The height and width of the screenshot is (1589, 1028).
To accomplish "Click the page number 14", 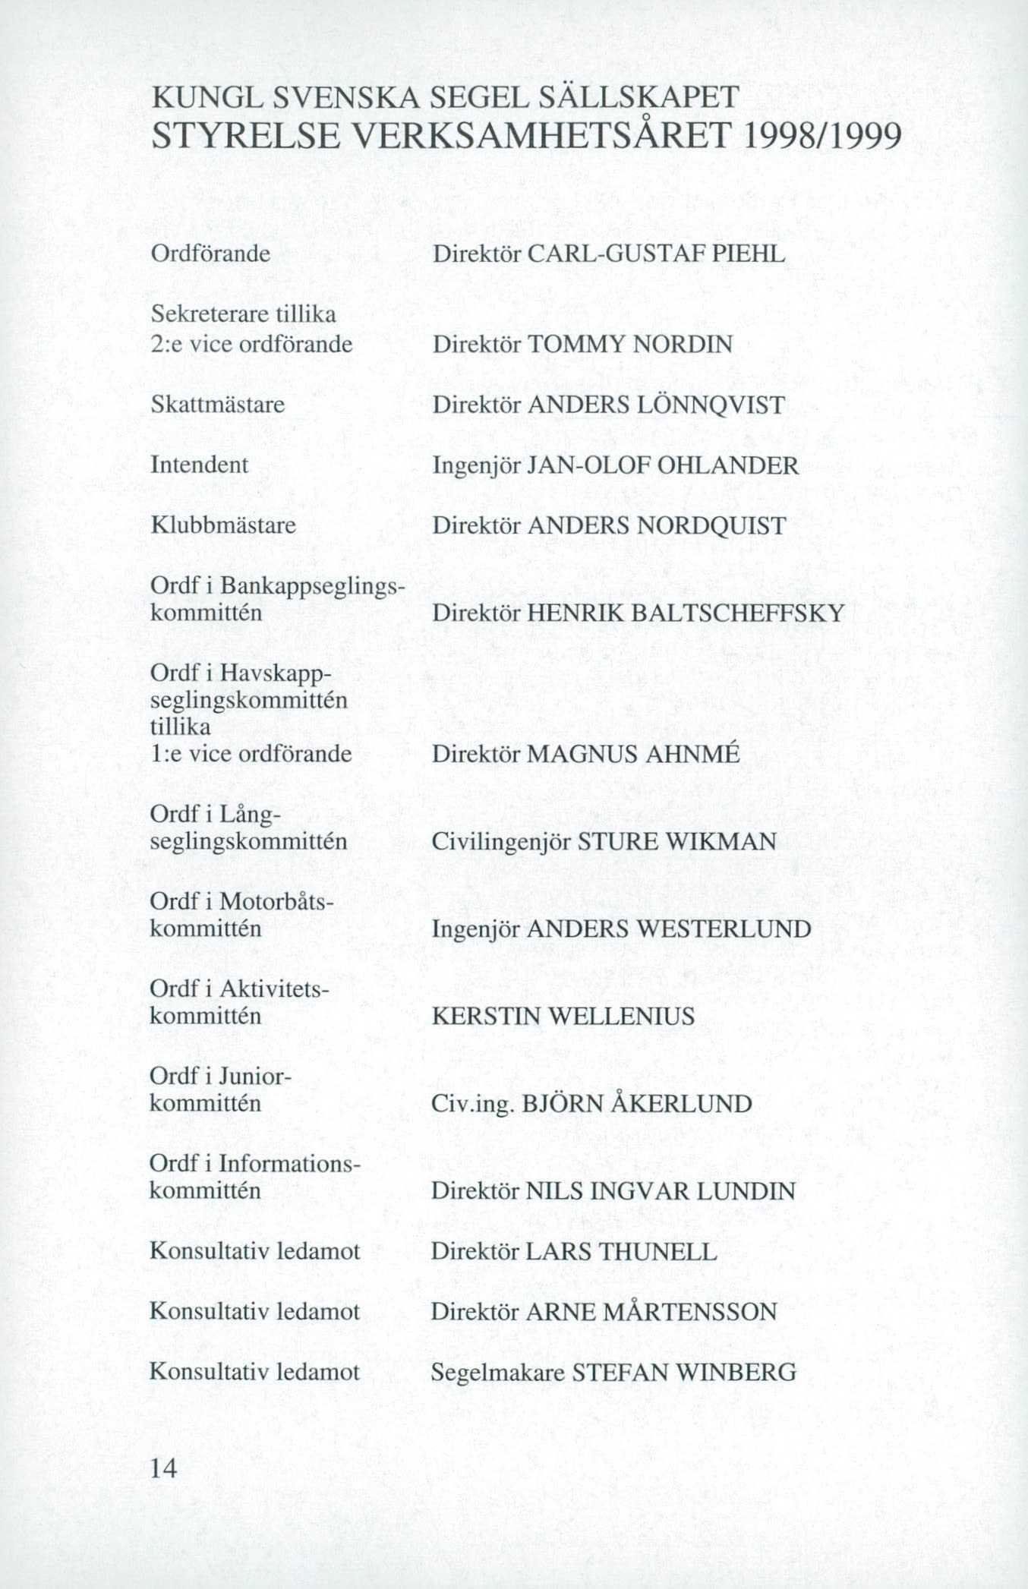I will [x=163, y=1468].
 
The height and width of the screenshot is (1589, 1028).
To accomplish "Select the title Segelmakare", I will [x=497, y=1372].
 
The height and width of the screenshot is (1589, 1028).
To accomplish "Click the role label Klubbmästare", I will [x=223, y=525].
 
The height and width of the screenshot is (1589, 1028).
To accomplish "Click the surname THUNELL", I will [x=657, y=1251].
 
